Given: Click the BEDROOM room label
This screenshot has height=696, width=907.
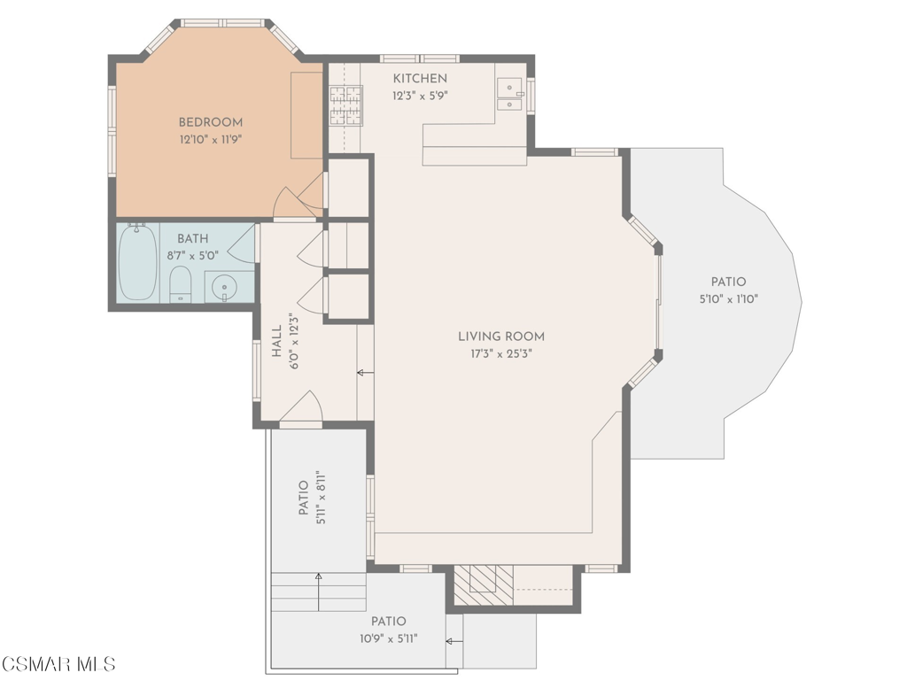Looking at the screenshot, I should (x=210, y=122).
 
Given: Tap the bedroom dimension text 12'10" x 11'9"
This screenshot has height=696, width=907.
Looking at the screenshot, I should (x=210, y=139).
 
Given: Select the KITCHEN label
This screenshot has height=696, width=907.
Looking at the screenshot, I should (x=420, y=79).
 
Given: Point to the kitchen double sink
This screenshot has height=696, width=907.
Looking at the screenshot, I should (x=509, y=95).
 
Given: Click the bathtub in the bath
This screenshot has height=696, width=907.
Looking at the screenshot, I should (x=137, y=261).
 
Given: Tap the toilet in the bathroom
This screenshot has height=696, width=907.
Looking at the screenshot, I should (x=180, y=283).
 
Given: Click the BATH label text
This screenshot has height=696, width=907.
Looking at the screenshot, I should (x=192, y=239).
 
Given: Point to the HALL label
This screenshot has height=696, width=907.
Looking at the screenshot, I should (x=276, y=341).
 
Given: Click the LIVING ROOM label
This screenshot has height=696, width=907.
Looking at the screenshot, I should (x=500, y=336).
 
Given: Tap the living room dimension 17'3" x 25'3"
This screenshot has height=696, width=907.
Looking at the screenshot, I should (x=500, y=353).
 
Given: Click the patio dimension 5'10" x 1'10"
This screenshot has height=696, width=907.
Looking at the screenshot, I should (x=728, y=299).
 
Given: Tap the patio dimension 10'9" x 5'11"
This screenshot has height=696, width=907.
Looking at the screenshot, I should (x=388, y=638).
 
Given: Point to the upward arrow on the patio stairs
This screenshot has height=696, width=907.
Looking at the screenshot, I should (x=318, y=589).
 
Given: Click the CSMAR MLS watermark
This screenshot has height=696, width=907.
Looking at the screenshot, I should (x=58, y=664).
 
